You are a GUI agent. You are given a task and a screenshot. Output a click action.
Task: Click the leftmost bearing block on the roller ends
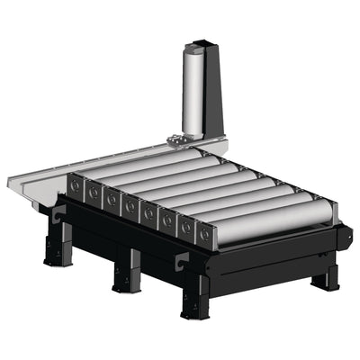pyautogui.click(x=75, y=186)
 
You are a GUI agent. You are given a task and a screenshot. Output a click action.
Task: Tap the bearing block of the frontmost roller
pyautogui.click(x=206, y=236)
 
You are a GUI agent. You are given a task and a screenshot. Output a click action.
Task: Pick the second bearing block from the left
pyautogui.click(x=94, y=193)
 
